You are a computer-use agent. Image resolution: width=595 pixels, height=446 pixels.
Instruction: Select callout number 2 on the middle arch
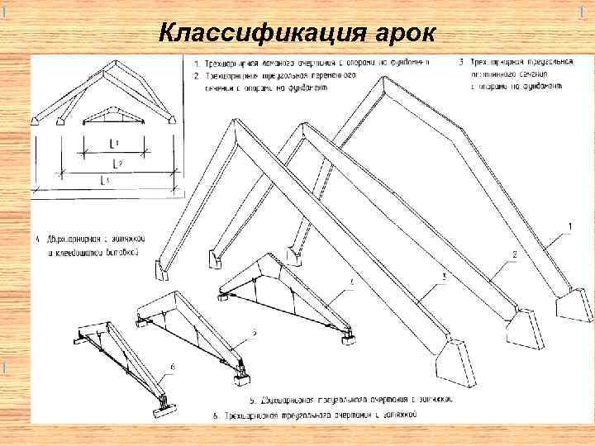point(514,254)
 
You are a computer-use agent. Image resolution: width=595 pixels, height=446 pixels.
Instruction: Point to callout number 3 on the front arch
point(444,278)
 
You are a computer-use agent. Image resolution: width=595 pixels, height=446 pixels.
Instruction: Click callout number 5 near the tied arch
point(255,332)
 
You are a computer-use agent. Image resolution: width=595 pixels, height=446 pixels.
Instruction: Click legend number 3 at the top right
point(459,63)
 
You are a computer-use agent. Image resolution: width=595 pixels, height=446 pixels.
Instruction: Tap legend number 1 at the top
point(196,63)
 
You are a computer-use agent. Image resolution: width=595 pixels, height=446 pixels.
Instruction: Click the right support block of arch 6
point(164,404)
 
